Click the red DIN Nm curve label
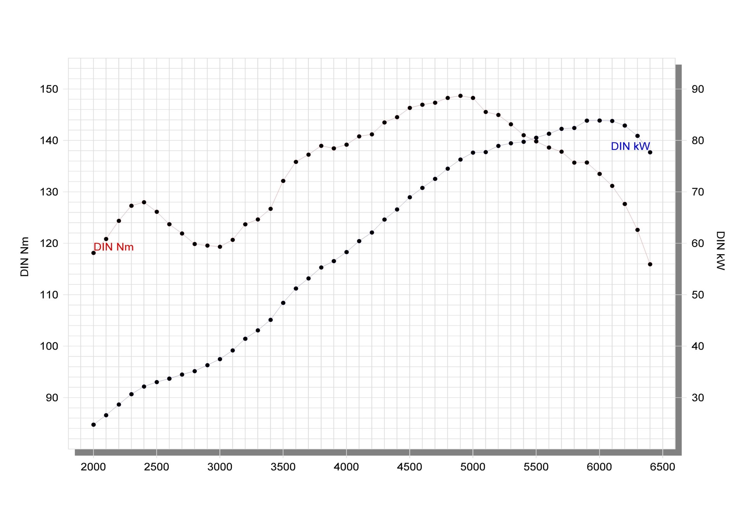114,247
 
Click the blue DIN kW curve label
630,146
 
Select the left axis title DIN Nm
25,257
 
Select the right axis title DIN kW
720,250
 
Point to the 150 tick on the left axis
49,89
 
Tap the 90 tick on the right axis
698,89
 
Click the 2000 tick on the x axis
93,467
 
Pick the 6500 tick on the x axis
662,467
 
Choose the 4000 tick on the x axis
346,467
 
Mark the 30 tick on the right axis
698,398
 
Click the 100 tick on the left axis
49,346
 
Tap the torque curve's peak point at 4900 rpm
460,96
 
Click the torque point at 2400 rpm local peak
144,202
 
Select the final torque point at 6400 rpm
650,264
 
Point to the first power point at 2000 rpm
94,425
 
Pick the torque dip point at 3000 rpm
220,246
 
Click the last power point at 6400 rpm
650,152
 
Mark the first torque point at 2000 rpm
94,253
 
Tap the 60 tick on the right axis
698,243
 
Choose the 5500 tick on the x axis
536,467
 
